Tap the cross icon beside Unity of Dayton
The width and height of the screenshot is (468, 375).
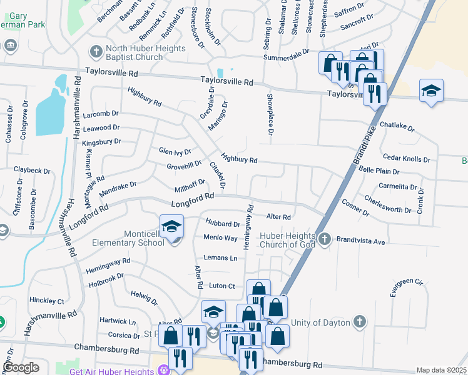pyautogui.click(x=359, y=321)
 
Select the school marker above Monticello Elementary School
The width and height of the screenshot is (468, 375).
pyautogui.click(x=172, y=227)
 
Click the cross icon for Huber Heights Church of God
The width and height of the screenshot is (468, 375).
pyautogui.click(x=324, y=238)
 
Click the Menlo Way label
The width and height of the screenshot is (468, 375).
pyautogui.click(x=220, y=237)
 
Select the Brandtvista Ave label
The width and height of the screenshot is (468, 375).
pyautogui.click(x=360, y=241)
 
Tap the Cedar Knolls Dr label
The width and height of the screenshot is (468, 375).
pyautogui.click(x=406, y=159)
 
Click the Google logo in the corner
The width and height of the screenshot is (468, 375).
pyautogui.click(x=21, y=367)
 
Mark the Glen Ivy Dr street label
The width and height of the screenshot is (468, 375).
pyautogui.click(x=175, y=151)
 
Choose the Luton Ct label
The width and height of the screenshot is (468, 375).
pyautogui.click(x=221, y=286)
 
